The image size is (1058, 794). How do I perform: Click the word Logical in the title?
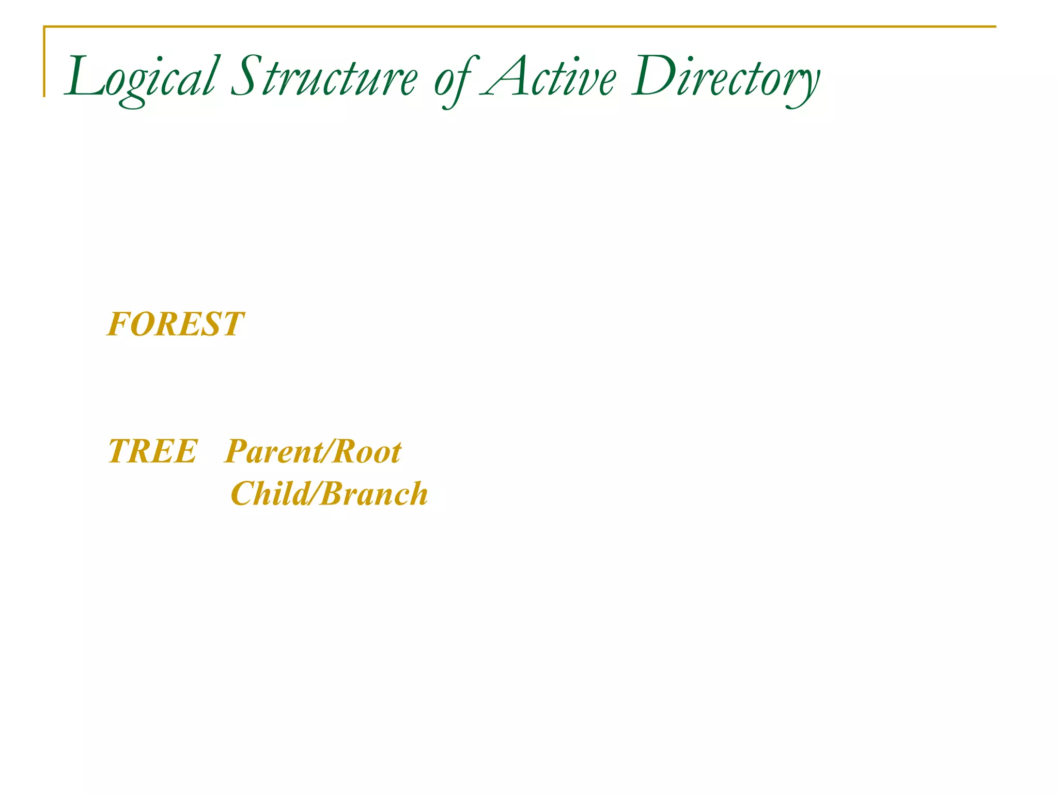(139, 78)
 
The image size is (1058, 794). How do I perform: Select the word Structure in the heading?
(323, 78)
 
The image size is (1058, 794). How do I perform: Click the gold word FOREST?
(175, 325)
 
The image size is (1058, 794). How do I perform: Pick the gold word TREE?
(152, 451)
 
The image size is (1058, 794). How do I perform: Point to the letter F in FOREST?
(117, 325)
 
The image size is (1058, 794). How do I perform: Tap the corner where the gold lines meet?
(44, 27)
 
